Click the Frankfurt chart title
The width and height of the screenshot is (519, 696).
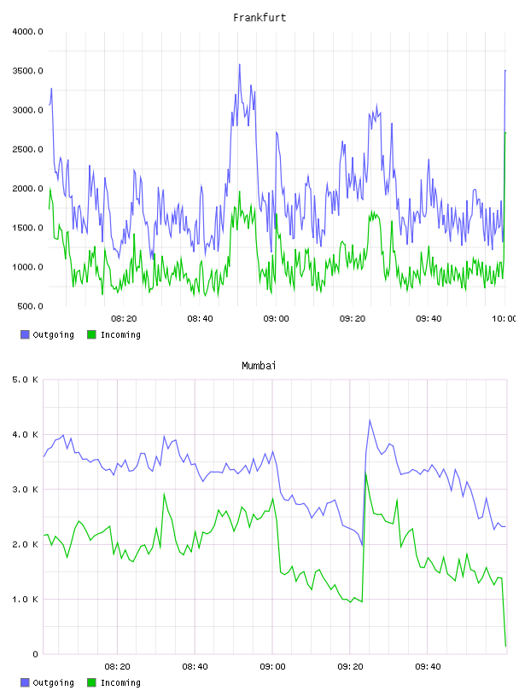(259, 18)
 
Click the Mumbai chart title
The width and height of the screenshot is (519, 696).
(259, 366)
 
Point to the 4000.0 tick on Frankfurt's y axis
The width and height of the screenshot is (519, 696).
(27, 32)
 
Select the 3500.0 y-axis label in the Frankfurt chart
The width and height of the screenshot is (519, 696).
(27, 71)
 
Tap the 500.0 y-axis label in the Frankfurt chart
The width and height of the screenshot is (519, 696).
(30, 306)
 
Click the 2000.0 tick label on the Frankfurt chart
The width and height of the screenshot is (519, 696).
(27, 188)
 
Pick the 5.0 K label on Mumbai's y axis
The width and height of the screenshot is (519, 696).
(26, 380)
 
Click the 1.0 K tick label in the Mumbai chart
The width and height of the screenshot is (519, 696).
(26, 600)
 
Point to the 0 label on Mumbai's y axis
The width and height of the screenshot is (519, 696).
(36, 654)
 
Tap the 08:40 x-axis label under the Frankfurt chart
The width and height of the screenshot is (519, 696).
(200, 319)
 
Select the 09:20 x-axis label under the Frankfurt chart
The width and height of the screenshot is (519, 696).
(353, 319)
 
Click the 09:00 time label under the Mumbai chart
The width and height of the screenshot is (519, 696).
(272, 667)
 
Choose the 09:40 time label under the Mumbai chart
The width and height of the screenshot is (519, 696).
(428, 667)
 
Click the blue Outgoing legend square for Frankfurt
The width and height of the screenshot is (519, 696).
(25, 334)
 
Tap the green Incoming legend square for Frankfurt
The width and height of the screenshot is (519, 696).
(91, 334)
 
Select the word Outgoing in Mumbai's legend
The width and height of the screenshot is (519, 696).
(53, 682)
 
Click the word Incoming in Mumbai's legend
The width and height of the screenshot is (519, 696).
(120, 682)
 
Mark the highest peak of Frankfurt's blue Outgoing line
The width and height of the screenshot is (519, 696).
(240, 64)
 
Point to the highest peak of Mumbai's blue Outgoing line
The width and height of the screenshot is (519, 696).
(370, 420)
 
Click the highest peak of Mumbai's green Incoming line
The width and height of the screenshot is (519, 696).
(365, 473)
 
